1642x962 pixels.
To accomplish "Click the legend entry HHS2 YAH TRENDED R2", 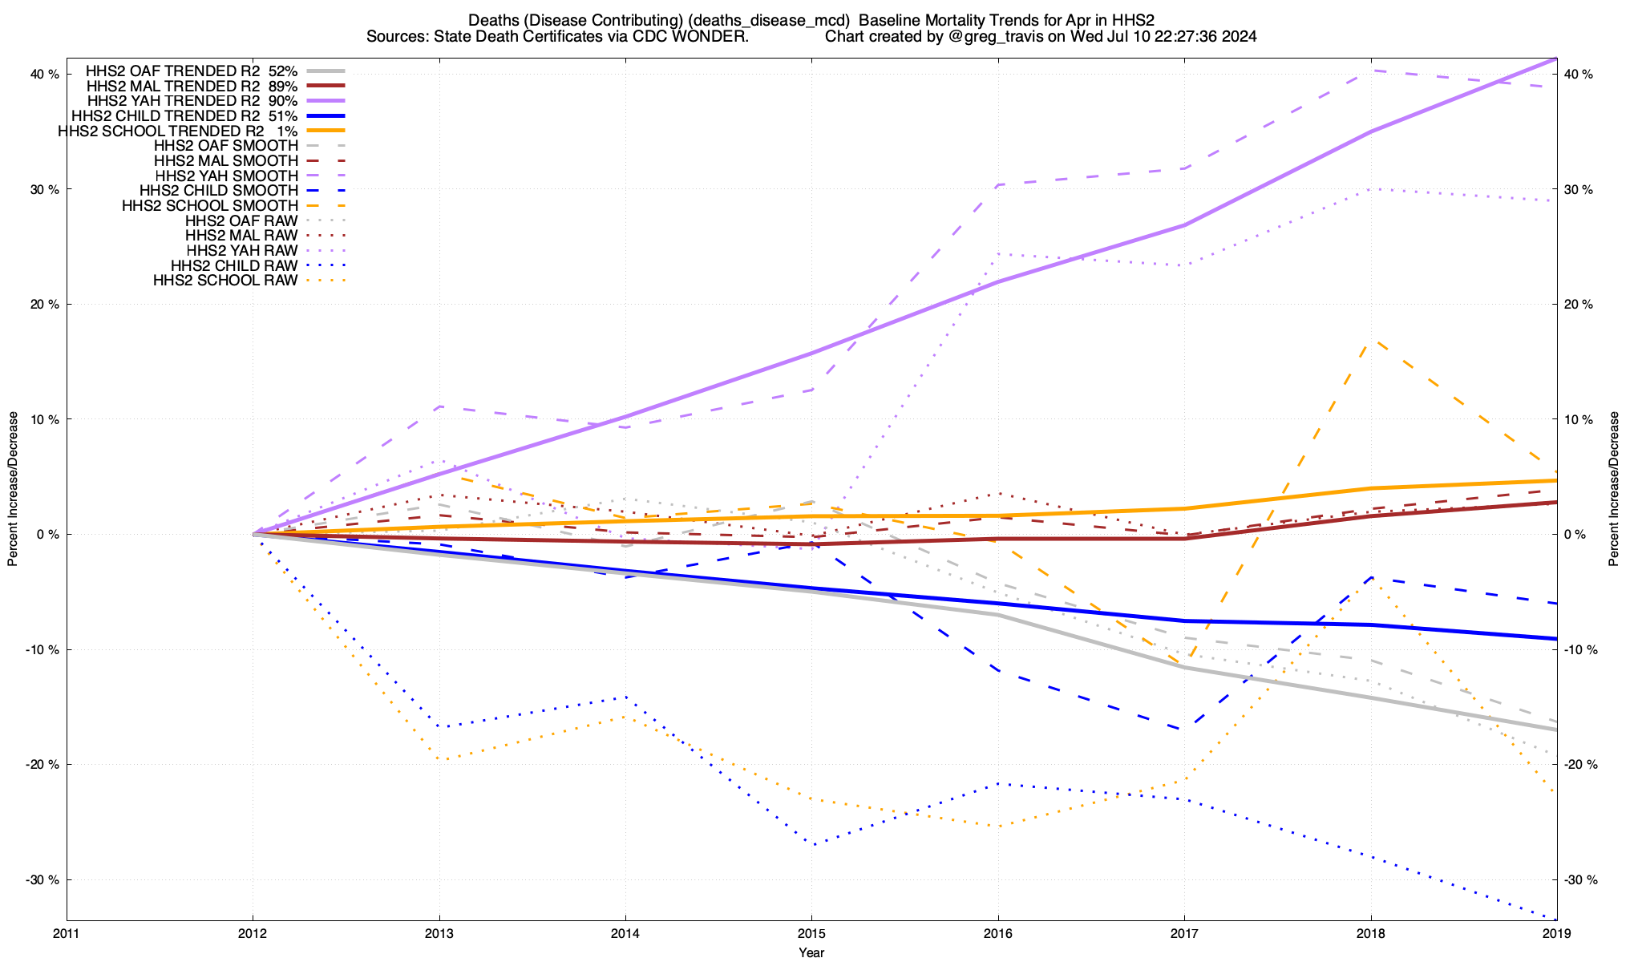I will [x=192, y=101].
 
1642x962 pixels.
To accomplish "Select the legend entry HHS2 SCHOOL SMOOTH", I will [x=210, y=206].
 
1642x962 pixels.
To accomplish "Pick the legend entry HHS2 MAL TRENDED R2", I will [x=192, y=86].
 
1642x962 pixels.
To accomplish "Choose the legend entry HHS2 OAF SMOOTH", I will [x=226, y=146].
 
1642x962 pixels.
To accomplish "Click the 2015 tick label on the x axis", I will [x=811, y=934].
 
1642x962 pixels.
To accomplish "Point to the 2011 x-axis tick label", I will [x=67, y=934].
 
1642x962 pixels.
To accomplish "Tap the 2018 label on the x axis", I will [x=1370, y=934].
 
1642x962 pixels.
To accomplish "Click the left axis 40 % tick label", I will [x=45, y=75].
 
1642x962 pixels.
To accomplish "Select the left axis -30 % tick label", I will [x=43, y=880].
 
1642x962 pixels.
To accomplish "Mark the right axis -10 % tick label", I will [x=1579, y=650].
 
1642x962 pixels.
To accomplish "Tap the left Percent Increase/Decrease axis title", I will [x=13, y=489].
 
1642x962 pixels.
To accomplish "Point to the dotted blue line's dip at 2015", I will [x=813, y=845].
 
